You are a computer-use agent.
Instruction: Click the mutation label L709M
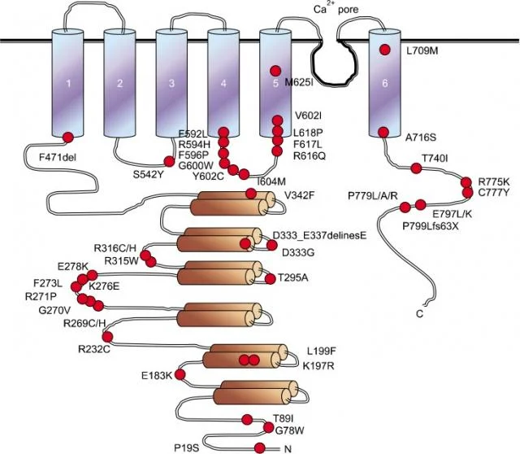click(422, 51)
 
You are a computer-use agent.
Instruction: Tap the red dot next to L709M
click(384, 50)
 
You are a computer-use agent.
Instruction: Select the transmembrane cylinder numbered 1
click(67, 83)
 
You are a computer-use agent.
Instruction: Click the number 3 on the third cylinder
click(171, 83)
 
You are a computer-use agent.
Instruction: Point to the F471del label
click(58, 157)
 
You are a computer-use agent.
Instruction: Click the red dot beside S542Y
click(169, 161)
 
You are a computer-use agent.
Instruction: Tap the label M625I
click(299, 82)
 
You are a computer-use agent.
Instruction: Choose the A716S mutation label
click(421, 138)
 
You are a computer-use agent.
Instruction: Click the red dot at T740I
click(416, 168)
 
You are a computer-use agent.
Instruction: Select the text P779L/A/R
click(372, 195)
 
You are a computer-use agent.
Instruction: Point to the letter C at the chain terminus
click(419, 314)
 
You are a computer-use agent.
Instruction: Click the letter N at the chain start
click(288, 449)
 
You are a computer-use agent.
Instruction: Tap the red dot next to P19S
click(260, 448)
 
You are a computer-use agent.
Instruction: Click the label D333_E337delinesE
click(319, 235)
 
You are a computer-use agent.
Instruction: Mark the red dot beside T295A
click(271, 279)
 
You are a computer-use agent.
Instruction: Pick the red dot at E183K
click(180, 374)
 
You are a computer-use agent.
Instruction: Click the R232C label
click(94, 349)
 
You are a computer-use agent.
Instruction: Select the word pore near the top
click(349, 10)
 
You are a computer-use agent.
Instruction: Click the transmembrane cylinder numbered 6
click(384, 83)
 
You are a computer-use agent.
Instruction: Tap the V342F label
click(299, 195)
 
